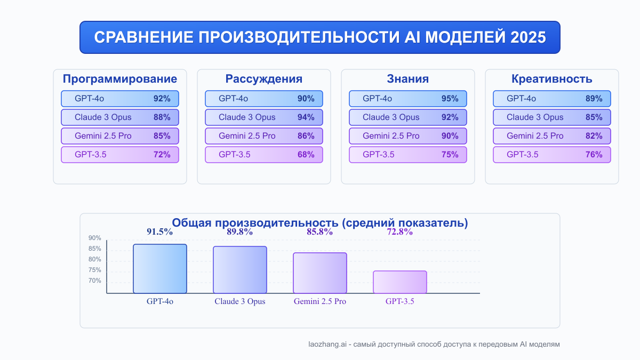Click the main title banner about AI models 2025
point(320,37)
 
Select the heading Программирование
point(120,79)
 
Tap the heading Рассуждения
point(264,79)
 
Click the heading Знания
point(408,79)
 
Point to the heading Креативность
point(552,79)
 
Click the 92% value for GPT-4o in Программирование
point(162,99)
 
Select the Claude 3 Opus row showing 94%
point(264,117)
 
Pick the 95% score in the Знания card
point(450,99)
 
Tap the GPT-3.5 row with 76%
point(552,155)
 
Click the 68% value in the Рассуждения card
point(306,155)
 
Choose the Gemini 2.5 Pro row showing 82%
point(552,136)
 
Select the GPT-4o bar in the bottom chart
point(160,269)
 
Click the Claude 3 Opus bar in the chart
point(240,270)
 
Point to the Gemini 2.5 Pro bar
point(320,273)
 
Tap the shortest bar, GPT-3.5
point(400,282)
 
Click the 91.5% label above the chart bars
point(160,232)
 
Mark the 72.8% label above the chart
point(400,232)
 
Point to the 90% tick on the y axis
point(95,238)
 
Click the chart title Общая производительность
point(320,223)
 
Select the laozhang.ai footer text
point(434,345)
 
